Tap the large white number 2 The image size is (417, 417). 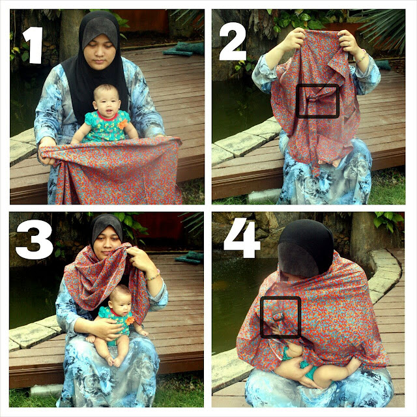click(233, 44)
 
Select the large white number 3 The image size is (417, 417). click(34, 239)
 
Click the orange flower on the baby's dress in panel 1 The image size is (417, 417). click(123, 123)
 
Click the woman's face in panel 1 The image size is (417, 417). click(100, 52)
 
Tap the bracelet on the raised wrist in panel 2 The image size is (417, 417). click(362, 57)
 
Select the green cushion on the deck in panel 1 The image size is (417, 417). click(184, 49)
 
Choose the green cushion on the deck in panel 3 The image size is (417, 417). click(190, 257)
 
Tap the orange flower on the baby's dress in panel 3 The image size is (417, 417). click(130, 320)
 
